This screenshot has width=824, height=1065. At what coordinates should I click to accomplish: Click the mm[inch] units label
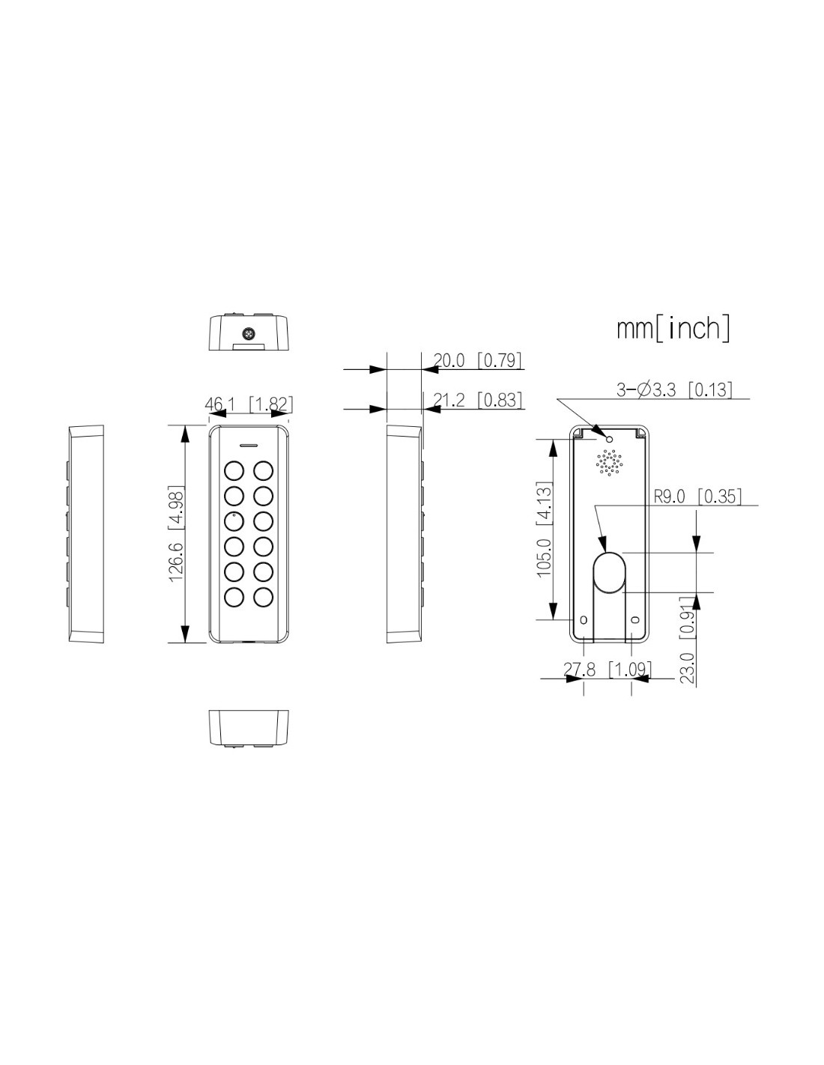[673, 329]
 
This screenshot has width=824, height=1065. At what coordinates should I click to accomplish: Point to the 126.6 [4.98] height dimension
[176, 534]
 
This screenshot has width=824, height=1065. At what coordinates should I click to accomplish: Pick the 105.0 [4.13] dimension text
[545, 530]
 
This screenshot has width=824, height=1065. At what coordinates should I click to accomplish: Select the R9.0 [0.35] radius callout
[698, 497]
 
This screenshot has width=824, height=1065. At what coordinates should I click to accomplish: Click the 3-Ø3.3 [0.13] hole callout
[674, 390]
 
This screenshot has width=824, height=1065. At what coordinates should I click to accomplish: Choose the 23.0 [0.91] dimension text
[688, 640]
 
